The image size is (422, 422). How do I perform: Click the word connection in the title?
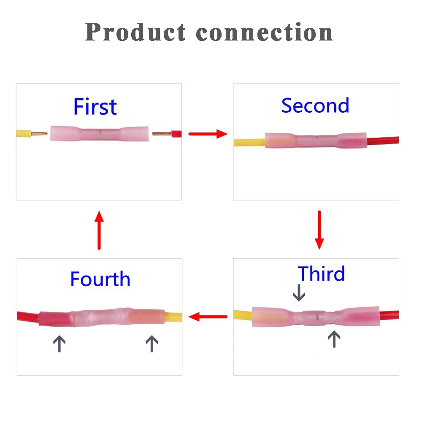(x=265, y=32)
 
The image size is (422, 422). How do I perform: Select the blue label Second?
(x=315, y=105)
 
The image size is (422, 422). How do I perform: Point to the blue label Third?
(x=322, y=274)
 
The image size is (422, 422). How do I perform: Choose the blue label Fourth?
(x=100, y=279)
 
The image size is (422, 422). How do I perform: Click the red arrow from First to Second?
(x=208, y=134)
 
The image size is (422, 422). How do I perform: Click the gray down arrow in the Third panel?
(x=299, y=293)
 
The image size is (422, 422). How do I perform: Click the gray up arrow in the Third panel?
(x=334, y=339)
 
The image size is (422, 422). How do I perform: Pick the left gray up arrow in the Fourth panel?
(x=59, y=344)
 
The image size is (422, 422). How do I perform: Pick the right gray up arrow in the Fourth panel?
(x=151, y=344)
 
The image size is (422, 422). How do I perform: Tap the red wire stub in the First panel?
(x=176, y=134)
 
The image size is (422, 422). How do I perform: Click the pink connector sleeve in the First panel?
(x=99, y=133)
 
